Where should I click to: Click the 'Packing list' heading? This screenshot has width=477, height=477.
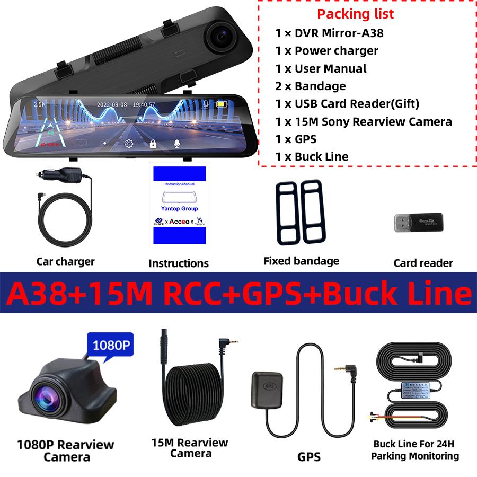tap(355, 14)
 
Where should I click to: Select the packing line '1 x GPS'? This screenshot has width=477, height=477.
tap(296, 139)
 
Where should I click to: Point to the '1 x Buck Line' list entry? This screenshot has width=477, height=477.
tap(312, 156)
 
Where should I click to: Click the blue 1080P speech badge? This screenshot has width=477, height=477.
tap(111, 346)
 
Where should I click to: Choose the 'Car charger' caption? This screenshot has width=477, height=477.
tap(65, 261)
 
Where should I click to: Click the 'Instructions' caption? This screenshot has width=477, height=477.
tap(179, 263)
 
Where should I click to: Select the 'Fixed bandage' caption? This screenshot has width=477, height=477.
tap(301, 261)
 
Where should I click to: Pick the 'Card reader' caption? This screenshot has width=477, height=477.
tap(423, 263)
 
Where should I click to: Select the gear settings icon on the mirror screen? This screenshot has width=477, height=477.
tap(128, 143)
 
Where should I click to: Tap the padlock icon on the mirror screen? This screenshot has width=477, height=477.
tap(153, 143)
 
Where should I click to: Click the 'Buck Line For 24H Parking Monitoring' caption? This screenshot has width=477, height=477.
tap(415, 450)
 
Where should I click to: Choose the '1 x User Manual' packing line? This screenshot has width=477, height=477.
tap(321, 68)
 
